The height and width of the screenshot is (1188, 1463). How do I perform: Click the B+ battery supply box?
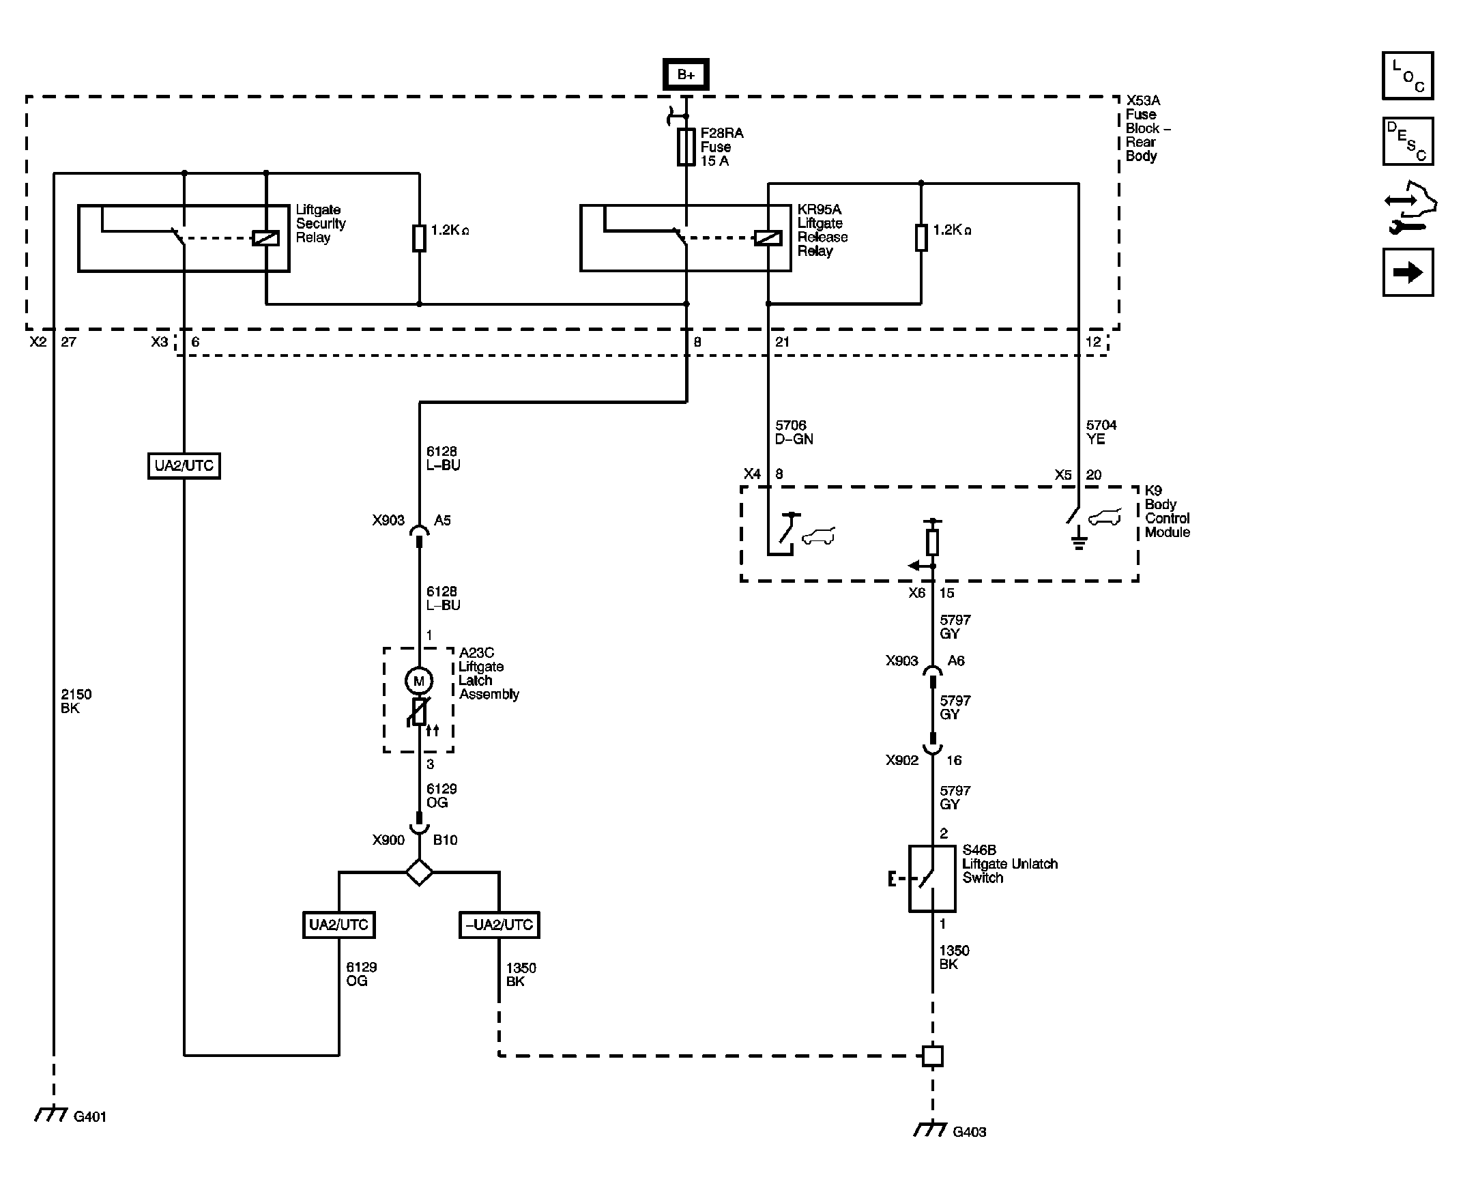pos(686,74)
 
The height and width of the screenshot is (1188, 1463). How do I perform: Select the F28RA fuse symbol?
pos(686,147)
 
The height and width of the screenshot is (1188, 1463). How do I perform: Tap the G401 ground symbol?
pos(50,1114)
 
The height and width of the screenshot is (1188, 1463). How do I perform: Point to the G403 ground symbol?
pos(931,1129)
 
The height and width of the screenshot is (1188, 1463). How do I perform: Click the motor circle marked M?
pos(419,680)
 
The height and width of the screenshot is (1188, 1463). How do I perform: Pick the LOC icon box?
pos(1408,75)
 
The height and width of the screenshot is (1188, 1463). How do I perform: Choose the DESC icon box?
pos(1408,141)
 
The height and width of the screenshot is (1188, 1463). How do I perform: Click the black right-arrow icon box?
pos(1408,272)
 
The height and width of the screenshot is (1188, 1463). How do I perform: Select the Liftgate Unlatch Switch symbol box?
pos(932,878)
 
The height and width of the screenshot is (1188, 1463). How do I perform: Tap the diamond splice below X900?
pos(419,873)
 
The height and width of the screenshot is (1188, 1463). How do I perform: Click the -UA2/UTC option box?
pos(499,925)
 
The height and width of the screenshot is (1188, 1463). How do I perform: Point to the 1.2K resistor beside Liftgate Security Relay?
pos(419,237)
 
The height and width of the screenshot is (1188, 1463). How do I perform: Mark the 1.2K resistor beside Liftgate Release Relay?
pos(921,237)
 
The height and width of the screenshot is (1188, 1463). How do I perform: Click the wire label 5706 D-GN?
pos(794,433)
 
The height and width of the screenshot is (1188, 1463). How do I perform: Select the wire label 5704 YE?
pos(1101,433)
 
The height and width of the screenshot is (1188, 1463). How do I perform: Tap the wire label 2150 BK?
pos(76,701)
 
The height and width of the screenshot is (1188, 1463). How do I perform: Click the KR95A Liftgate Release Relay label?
pos(822,230)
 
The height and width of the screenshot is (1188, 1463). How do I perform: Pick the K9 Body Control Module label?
pos(1168,511)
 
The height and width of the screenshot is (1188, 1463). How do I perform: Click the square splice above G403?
pos(932,1055)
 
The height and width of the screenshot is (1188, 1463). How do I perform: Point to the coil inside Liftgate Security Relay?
pos(265,238)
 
